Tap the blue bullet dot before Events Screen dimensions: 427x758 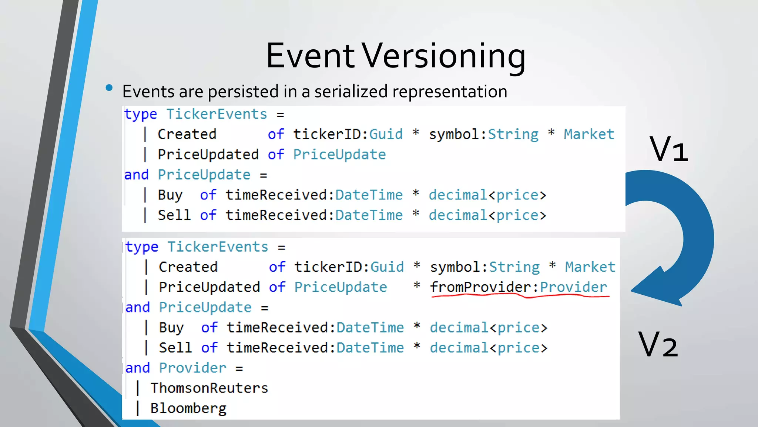click(x=109, y=88)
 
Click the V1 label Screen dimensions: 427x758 click(x=668, y=149)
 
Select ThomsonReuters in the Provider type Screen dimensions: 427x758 click(x=209, y=388)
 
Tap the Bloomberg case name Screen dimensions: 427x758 click(x=188, y=408)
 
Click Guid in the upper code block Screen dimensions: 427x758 click(x=386, y=134)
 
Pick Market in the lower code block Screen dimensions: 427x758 click(x=590, y=267)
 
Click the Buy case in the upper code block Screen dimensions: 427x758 click(x=170, y=195)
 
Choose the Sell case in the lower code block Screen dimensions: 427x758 click(x=175, y=348)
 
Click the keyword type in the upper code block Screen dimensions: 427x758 click(x=141, y=115)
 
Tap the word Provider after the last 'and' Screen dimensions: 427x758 click(x=192, y=368)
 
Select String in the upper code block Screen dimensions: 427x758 click(x=513, y=134)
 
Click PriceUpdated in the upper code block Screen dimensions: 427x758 click(x=208, y=155)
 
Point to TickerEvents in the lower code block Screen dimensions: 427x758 click(x=218, y=247)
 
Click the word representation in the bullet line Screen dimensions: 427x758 click(x=450, y=92)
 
